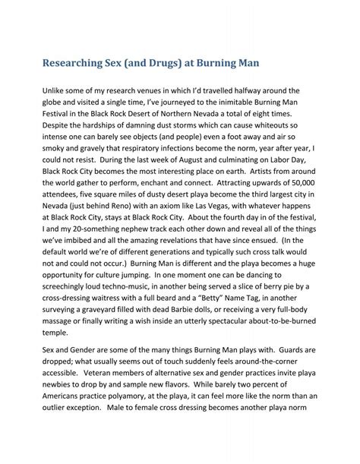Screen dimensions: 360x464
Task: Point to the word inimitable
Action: pos(235,104)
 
